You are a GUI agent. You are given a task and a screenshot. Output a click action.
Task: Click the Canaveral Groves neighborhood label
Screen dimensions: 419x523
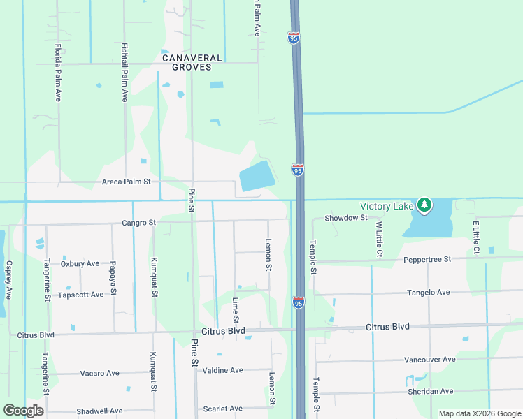pyautogui.click(x=192, y=63)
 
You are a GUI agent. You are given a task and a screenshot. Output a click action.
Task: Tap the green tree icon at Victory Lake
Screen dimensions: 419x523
pyautogui.click(x=424, y=205)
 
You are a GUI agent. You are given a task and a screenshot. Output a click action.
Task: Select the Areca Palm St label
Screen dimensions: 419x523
pyautogui.click(x=127, y=182)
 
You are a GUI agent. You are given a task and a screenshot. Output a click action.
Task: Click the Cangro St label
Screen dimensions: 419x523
pyautogui.click(x=138, y=223)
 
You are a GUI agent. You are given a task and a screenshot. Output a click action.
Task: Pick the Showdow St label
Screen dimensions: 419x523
pyautogui.click(x=345, y=218)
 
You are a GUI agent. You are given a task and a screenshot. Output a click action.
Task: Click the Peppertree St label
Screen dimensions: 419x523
pyautogui.click(x=427, y=259)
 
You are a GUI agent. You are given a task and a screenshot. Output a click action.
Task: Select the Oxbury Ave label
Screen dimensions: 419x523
pyautogui.click(x=80, y=263)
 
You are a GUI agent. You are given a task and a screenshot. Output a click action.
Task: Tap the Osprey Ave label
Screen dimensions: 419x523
pyautogui.click(x=8, y=280)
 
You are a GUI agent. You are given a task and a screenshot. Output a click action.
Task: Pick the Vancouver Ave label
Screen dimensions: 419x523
pyautogui.click(x=429, y=359)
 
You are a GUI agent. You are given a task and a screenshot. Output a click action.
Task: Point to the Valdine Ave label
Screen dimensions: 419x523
pyautogui.click(x=222, y=370)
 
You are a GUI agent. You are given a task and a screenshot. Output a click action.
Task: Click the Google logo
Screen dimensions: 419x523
pyautogui.click(x=24, y=411)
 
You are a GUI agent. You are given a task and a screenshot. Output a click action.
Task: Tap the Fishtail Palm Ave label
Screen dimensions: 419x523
pyautogui.click(x=124, y=73)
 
